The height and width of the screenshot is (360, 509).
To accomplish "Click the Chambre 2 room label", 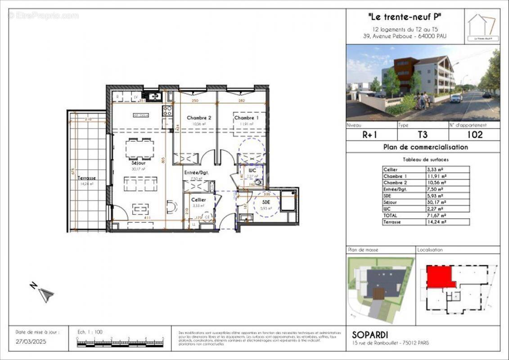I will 199,118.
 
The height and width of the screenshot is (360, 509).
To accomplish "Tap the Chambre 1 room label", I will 246,118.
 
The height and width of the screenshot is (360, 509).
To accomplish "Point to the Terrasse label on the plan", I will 86,178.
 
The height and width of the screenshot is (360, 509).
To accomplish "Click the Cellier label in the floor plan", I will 198,199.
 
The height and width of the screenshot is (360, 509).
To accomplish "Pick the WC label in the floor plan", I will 252,171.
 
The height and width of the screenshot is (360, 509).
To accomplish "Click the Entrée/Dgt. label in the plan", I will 197,172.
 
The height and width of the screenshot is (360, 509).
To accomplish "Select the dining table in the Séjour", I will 140,148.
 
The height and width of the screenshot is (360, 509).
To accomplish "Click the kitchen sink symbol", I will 152,96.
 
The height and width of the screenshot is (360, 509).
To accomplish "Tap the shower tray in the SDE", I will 288,201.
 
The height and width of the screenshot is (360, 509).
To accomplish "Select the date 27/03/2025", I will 31,342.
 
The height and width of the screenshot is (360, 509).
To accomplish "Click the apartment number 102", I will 474,135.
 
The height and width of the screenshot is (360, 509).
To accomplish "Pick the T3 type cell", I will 423,135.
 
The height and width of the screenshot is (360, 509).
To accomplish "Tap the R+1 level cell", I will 371,135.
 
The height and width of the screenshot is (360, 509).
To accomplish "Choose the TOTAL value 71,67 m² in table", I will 437,216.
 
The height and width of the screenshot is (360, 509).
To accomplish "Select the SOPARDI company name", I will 369,335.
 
